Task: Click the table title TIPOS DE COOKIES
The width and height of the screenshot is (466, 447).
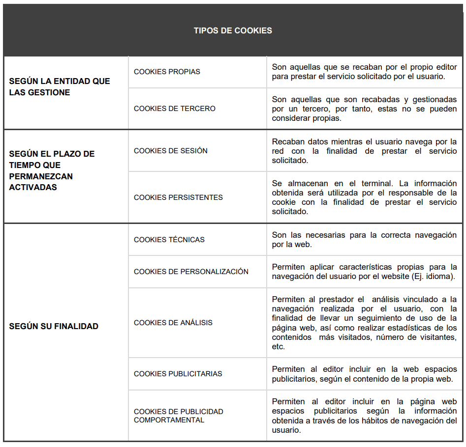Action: click(233, 30)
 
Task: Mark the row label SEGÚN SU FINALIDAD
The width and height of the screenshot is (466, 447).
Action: click(54, 326)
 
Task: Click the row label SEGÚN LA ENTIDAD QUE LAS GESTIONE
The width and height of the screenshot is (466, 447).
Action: click(59, 87)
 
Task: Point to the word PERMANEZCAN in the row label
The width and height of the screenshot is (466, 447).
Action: click(41, 176)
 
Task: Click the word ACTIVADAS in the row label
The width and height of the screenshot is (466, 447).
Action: click(33, 187)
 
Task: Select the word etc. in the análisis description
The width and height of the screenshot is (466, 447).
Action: click(279, 346)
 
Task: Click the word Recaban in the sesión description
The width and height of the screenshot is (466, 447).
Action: click(287, 141)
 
